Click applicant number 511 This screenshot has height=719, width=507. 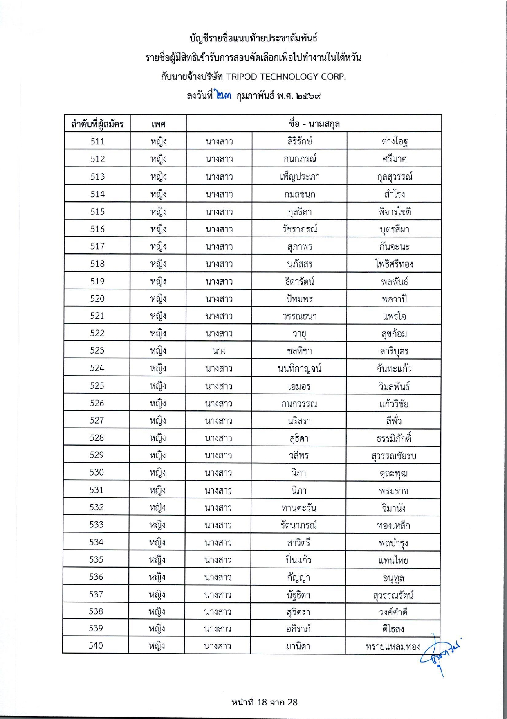pyautogui.click(x=97, y=142)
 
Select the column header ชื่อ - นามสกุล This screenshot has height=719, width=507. pyautogui.click(x=314, y=124)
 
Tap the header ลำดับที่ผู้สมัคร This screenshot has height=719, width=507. pyautogui.click(x=97, y=124)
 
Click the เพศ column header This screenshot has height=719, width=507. pyautogui.click(x=158, y=124)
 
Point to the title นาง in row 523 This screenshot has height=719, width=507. pyautogui.click(x=219, y=351)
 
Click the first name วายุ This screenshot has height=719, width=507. pyautogui.click(x=299, y=334)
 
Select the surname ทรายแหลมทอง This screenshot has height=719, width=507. pyautogui.click(x=393, y=647)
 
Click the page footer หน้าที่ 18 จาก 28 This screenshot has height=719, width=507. pyautogui.click(x=264, y=702)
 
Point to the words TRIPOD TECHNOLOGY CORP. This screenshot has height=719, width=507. pyautogui.click(x=286, y=77)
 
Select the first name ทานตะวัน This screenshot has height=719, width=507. pyautogui.click(x=299, y=508)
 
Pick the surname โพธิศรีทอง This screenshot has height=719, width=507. pyautogui.click(x=394, y=264)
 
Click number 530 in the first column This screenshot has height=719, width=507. pyautogui.click(x=96, y=473)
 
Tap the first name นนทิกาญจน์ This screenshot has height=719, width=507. pyautogui.click(x=299, y=369)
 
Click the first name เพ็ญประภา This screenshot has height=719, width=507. pyautogui.click(x=300, y=177)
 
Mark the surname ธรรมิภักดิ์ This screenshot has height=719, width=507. pyautogui.click(x=394, y=438)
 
